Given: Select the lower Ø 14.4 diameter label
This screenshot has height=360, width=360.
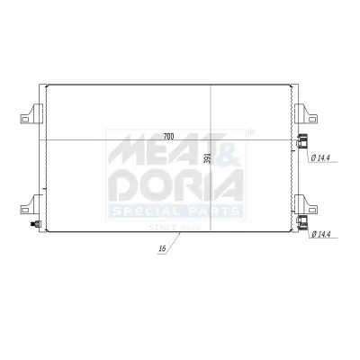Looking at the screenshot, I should coord(323,236).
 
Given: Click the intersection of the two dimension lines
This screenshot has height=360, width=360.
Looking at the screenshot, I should coord(210,141).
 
